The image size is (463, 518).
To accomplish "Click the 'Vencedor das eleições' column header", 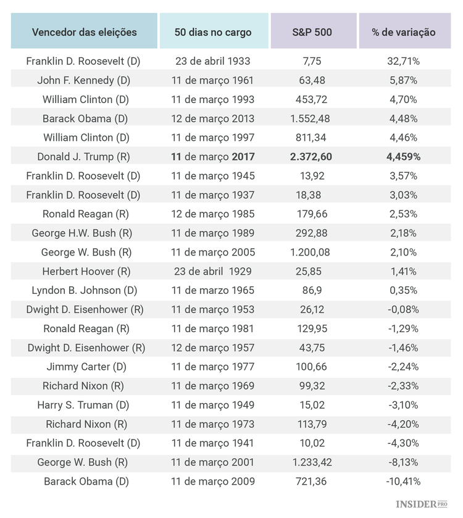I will pyautogui.click(x=84, y=32).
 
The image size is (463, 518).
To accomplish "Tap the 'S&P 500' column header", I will pyautogui.click(x=312, y=32).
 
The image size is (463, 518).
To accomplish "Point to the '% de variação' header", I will pyautogui.click(x=403, y=32).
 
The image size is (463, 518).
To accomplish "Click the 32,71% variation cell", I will pyautogui.click(x=403, y=61).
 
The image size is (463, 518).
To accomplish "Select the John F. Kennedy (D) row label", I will pyautogui.click(x=84, y=80).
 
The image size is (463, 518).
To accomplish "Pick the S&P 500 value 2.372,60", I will pyautogui.click(x=311, y=157).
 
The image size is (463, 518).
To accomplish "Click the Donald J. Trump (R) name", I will pyautogui.click(x=84, y=157).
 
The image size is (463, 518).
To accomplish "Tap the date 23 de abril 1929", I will pyautogui.click(x=213, y=271).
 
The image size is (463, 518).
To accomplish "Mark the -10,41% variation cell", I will pyautogui.click(x=403, y=481).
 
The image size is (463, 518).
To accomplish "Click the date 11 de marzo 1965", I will pyautogui.click(x=213, y=290).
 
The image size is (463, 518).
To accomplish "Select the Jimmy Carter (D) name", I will pyautogui.click(x=86, y=367).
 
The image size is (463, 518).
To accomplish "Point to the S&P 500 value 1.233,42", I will pyautogui.click(x=311, y=462).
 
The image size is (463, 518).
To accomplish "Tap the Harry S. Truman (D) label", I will pyautogui.click(x=83, y=405).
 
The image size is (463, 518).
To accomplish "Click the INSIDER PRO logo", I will pyautogui.click(x=421, y=504).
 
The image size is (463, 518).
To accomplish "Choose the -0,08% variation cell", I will pyautogui.click(x=403, y=309).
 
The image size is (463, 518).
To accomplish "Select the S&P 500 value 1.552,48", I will pyautogui.click(x=311, y=119).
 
